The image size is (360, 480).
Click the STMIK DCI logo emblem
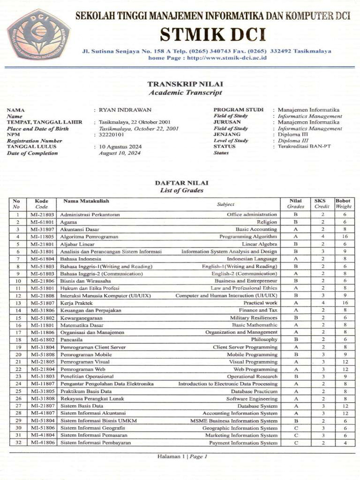coord(38,34)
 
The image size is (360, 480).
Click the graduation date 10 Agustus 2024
coord(120,147)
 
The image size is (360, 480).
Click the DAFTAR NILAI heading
coord(181,183)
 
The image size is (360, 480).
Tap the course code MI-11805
coord(42,237)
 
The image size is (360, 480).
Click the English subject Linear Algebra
coord(259,244)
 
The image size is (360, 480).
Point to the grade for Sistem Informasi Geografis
coord(296,428)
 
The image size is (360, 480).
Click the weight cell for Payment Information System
coord(344,443)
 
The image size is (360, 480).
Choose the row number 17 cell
coord(18,332)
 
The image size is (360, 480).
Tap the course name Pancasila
coord(71,339)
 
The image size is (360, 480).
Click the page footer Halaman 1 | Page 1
coord(182,456)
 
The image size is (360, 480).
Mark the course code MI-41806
coord(42,443)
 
